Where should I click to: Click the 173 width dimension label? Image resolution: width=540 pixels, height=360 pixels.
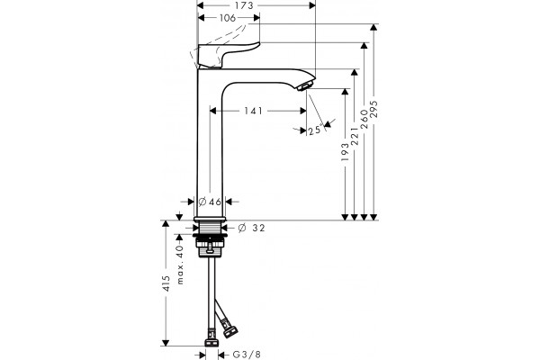click(x=244, y=5)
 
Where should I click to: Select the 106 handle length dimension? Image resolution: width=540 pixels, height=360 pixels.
click(x=228, y=18)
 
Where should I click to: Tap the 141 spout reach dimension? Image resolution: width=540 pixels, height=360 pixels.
click(x=253, y=111)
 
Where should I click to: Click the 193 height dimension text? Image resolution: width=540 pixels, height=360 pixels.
click(x=345, y=152)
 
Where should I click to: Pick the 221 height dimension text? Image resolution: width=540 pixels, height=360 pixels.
click(x=355, y=136)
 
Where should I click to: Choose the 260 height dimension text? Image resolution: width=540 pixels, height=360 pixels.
click(x=364, y=119)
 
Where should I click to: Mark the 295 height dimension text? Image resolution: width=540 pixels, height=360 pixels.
click(x=374, y=109)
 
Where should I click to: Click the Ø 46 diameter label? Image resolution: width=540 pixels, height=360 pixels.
click(x=210, y=202)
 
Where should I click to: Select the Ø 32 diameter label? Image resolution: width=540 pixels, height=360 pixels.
click(x=252, y=228)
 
